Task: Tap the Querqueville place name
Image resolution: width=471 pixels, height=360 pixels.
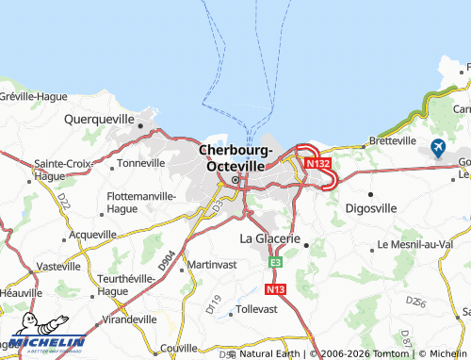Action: (101, 120)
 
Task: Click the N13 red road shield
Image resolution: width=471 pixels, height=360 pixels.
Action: (275, 290)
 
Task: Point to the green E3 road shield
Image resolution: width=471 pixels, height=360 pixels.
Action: (275, 262)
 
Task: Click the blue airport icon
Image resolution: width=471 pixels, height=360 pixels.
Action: (438, 147)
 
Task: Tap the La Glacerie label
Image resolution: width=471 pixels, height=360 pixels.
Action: (271, 238)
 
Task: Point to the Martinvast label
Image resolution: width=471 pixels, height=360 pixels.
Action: (211, 264)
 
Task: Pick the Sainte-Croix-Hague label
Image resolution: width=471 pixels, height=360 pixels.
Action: (62, 169)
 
